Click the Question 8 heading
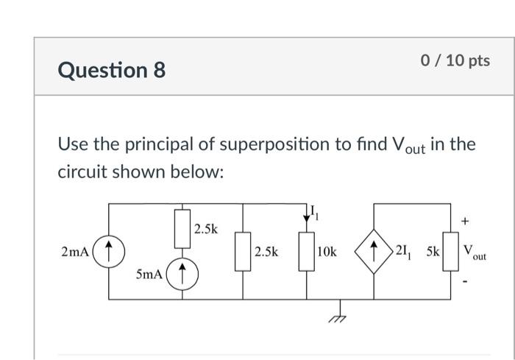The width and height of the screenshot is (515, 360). point(112,70)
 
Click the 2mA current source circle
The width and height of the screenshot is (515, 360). point(109,251)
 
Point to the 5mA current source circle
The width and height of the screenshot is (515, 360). point(182,275)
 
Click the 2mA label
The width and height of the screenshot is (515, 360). point(76,252)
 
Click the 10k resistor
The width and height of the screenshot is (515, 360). point(305,252)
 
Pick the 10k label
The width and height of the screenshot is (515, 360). point(326,252)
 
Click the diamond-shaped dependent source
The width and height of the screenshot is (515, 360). point(374,251)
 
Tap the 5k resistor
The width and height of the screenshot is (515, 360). point(450,251)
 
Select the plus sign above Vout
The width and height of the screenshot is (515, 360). point(464,220)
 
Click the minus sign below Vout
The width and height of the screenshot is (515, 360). point(464,283)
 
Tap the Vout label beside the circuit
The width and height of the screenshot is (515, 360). point(473,253)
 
